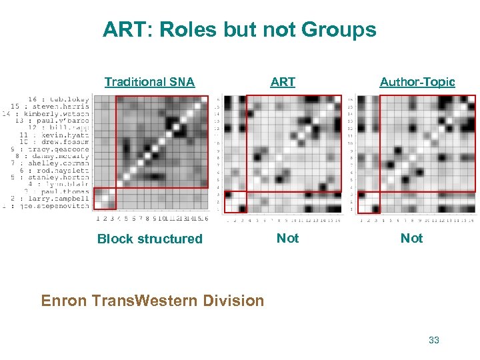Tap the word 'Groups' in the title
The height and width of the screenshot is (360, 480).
pos(339,30)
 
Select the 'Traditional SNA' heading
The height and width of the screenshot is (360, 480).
pos(149,82)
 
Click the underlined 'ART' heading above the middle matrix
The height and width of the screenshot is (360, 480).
pos(283,82)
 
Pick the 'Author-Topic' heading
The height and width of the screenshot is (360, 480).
pos(417,82)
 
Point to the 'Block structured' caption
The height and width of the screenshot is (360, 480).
pos(149,239)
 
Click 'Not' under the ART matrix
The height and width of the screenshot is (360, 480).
pos(287,238)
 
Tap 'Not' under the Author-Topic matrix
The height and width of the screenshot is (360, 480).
pos(411,238)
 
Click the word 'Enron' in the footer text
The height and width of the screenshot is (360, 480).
pos(64,301)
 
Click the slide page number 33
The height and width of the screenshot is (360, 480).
pos(434,340)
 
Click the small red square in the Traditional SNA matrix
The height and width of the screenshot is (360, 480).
pos(104,199)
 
